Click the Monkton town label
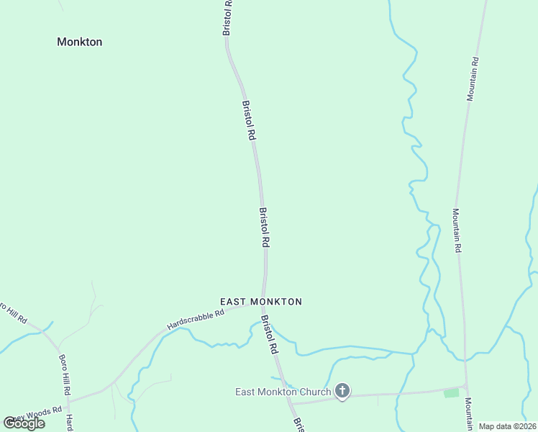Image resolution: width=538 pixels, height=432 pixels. point(79,42)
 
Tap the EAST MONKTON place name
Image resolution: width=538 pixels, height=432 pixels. point(260,302)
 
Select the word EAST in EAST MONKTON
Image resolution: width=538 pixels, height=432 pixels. point(233,302)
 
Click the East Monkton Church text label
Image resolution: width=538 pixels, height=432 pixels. point(283,392)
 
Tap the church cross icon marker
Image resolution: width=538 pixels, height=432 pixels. point(343,392)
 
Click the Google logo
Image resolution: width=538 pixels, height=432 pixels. point(24,423)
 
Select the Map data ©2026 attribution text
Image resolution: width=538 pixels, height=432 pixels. point(506,426)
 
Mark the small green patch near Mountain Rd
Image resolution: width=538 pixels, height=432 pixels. point(451,392)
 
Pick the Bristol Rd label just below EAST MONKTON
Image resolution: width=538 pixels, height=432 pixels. point(269,334)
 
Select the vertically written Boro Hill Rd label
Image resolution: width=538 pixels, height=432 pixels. point(64,375)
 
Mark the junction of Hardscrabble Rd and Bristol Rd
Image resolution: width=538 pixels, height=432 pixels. point(264,303)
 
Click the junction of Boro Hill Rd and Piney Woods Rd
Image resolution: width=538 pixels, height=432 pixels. point(68,398)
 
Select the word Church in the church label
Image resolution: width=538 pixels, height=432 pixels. point(314,392)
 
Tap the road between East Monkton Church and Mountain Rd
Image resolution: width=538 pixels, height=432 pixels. point(403,392)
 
